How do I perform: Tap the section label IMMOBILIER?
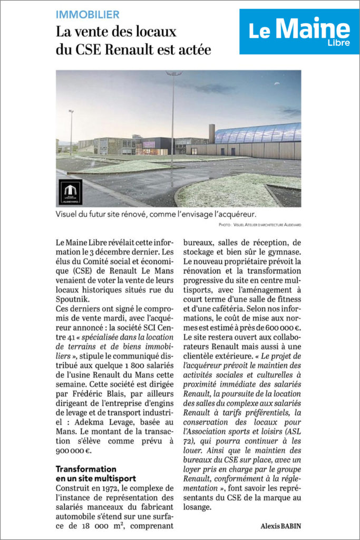click(x=87, y=15)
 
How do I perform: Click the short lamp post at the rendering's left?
click(x=71, y=132)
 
